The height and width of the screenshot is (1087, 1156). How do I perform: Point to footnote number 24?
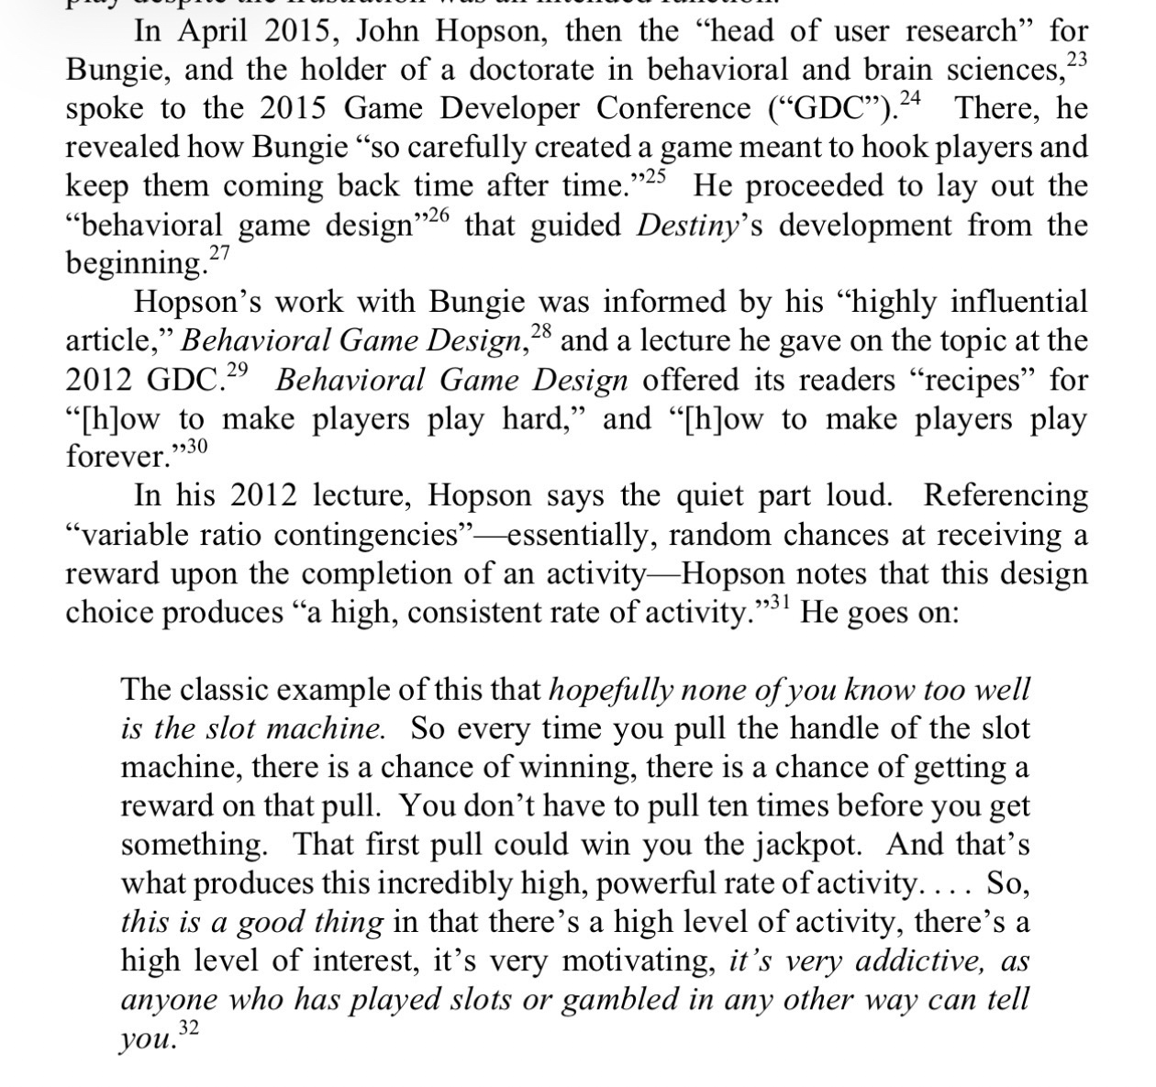click(x=910, y=99)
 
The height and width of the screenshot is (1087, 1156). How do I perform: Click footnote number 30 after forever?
click(x=194, y=448)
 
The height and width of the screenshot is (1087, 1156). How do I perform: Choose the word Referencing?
click(x=1006, y=496)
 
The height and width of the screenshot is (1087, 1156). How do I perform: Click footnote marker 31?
click(x=779, y=604)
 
